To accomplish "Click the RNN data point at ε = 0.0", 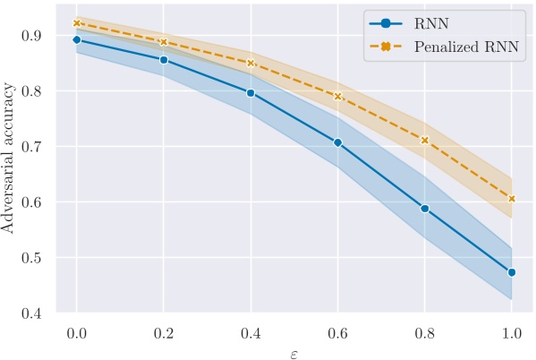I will (x=77, y=40).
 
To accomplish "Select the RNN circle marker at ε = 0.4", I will (x=251, y=93).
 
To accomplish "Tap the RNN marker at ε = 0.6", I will (x=337, y=142).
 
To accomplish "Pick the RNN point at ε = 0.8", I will (x=424, y=209).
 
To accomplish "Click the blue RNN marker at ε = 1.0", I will (x=511, y=272).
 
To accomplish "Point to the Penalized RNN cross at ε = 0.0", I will (x=77, y=23).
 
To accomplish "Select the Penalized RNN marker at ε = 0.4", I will (x=251, y=64).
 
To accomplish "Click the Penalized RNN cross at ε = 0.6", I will (x=337, y=96).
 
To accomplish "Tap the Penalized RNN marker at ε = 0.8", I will (x=424, y=141).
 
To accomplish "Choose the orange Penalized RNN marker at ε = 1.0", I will (x=511, y=199).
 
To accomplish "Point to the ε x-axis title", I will (x=294, y=352).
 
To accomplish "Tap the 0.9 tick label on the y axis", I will (x=33, y=35).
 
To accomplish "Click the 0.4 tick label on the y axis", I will (x=33, y=313).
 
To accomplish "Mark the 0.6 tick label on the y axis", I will (x=33, y=202).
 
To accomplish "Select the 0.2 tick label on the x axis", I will (x=164, y=332).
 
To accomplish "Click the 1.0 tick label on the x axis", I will (x=511, y=332).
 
